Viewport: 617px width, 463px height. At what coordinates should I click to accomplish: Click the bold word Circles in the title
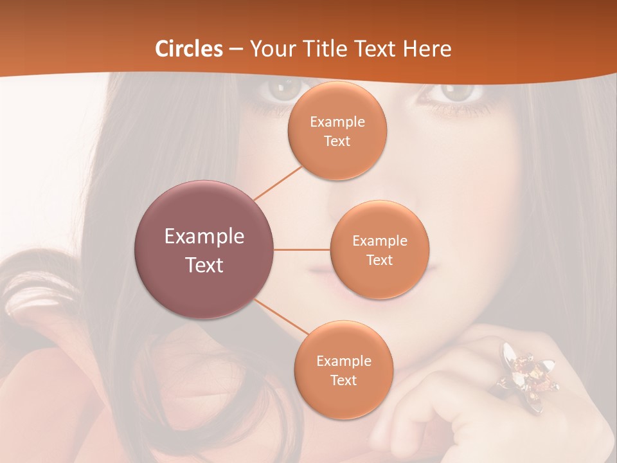189,49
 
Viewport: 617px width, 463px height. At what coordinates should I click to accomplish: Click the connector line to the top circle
278,183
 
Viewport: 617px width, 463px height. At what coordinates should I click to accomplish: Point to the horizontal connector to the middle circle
302,250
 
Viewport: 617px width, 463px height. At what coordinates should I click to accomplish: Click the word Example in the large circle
204,237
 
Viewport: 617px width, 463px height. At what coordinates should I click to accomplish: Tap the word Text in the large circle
204,265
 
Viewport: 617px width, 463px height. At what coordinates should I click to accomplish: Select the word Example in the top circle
337,122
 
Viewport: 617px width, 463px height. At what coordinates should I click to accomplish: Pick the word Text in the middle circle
380,260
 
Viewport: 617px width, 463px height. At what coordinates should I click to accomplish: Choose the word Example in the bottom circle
344,361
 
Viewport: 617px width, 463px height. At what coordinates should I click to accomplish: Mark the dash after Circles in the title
236,50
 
